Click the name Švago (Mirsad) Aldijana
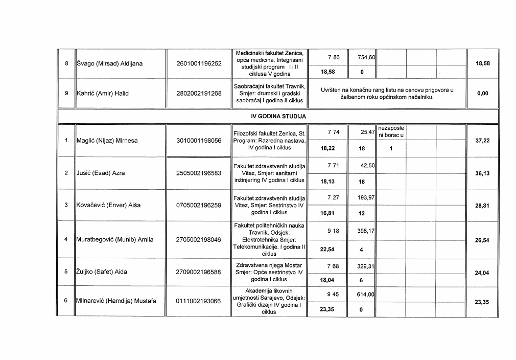pyautogui.click(x=109, y=64)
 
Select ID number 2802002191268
pyautogui.click(x=199, y=94)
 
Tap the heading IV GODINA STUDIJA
pyautogui.click(x=278, y=117)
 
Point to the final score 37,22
pyautogui.click(x=482, y=141)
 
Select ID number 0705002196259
pyautogui.click(x=199, y=205)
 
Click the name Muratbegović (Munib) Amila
pyautogui.click(x=115, y=239)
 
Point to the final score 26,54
pyautogui.click(x=482, y=239)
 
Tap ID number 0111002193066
pyautogui.click(x=199, y=301)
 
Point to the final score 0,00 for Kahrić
pyautogui.click(x=482, y=94)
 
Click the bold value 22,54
pyautogui.click(x=327, y=250)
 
